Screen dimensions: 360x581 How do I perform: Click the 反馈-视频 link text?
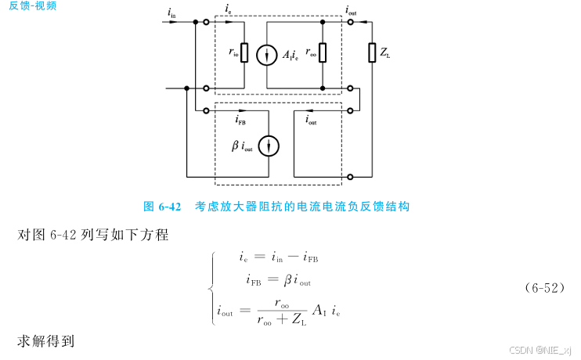(x=34, y=5)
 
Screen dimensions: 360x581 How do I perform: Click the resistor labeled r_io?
(x=244, y=53)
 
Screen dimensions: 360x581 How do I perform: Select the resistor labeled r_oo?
(x=323, y=53)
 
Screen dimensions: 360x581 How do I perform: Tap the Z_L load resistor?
(x=373, y=53)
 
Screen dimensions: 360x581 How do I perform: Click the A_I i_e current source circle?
(x=267, y=54)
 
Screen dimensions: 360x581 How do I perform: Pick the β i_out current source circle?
(x=269, y=146)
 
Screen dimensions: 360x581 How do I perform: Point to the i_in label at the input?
(x=171, y=13)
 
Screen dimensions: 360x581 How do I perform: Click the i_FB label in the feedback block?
(x=243, y=121)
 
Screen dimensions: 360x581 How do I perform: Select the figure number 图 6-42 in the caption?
(x=162, y=207)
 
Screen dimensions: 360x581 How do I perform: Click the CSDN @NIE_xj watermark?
(x=540, y=351)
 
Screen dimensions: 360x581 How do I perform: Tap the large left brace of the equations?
(x=211, y=287)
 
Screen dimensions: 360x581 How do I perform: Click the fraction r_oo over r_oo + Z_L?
(x=284, y=310)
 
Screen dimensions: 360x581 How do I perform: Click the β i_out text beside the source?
(x=242, y=146)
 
